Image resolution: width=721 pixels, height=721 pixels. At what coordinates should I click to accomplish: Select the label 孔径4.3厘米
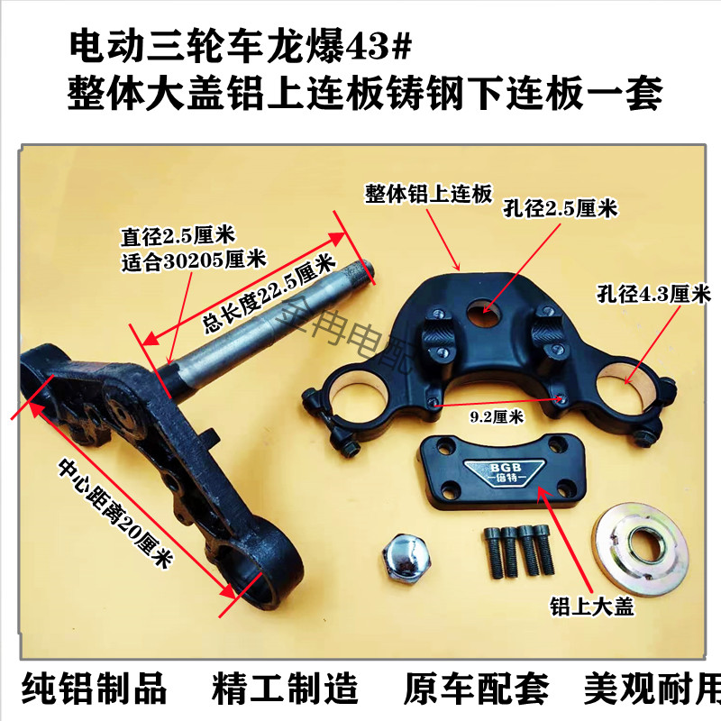653,294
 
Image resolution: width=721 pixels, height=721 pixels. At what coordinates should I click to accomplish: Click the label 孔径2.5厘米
559,208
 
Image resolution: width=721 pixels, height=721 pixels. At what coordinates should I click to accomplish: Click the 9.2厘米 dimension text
497,416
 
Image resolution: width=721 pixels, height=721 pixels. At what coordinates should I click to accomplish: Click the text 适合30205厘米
192,260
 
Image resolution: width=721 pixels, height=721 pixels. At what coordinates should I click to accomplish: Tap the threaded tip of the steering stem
361,267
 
